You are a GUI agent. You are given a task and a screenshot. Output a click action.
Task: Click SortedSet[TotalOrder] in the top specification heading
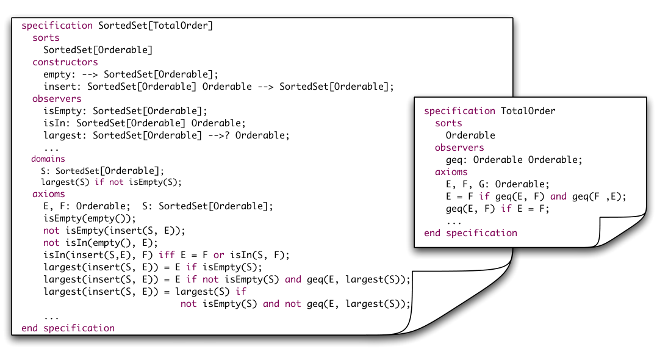tap(156, 26)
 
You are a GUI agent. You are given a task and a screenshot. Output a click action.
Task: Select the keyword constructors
tap(65, 62)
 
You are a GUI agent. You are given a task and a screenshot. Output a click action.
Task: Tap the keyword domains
tap(48, 159)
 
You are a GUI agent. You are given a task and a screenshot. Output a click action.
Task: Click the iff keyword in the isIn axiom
tap(167, 255)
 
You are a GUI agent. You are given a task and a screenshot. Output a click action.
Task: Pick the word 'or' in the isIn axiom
tap(219, 255)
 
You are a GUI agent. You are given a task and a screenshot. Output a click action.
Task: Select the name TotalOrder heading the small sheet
tap(528, 111)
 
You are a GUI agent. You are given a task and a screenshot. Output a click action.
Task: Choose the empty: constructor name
tap(57, 74)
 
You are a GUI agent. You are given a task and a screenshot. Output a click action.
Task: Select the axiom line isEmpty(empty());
tap(90, 219)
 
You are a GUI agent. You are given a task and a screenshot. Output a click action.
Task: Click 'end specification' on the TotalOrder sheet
tap(470, 233)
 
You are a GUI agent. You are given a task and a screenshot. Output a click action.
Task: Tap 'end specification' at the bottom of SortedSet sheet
tap(68, 328)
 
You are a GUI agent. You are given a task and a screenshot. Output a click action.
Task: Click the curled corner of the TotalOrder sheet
tap(620, 230)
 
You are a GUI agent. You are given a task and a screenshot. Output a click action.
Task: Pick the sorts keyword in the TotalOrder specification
tap(448, 123)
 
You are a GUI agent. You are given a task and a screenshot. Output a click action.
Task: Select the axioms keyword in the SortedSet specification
tap(49, 194)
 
